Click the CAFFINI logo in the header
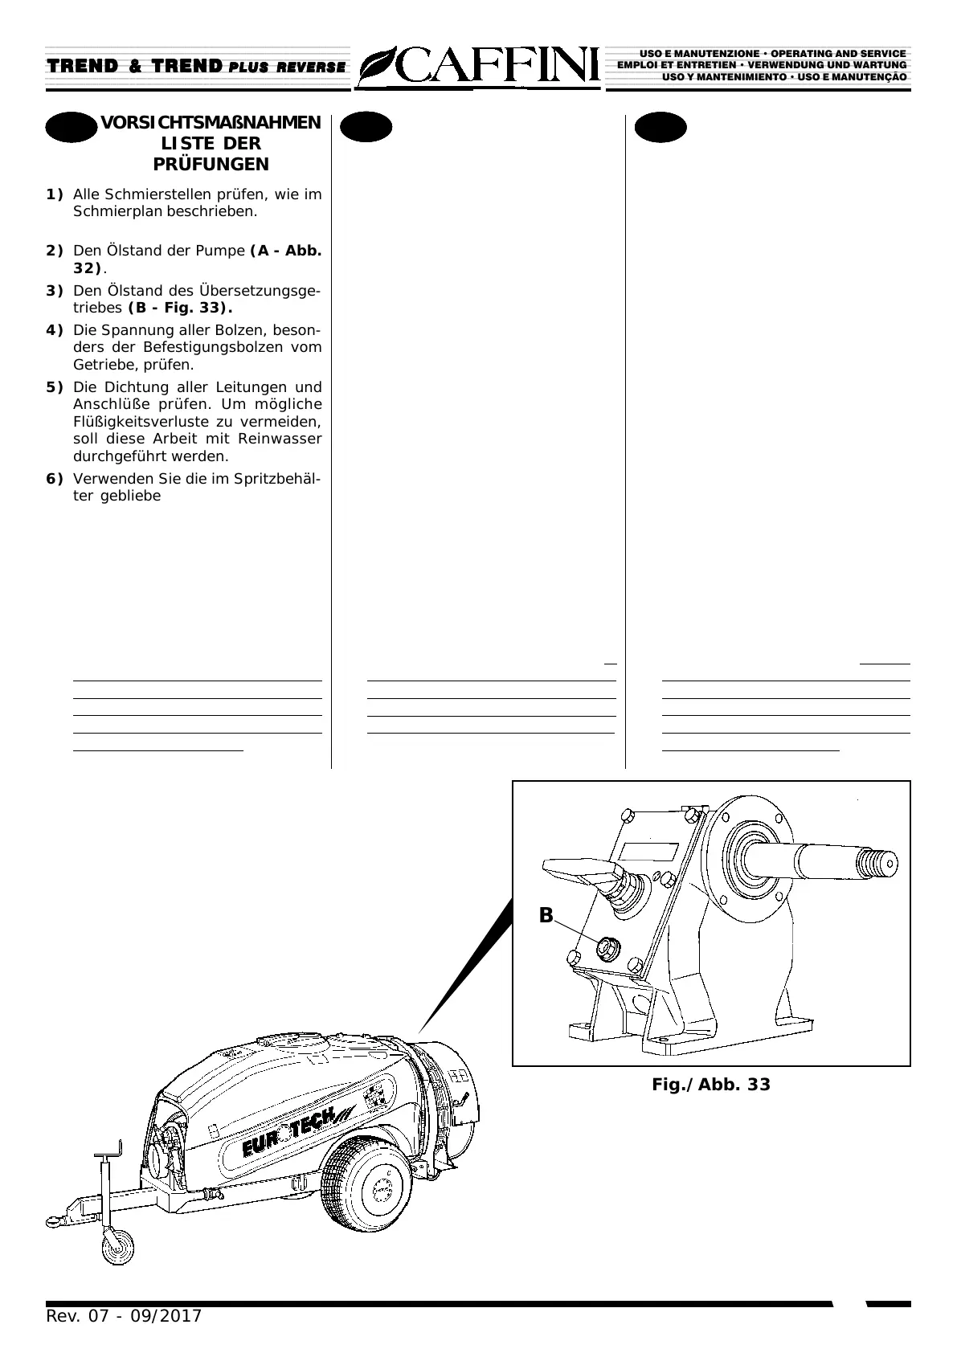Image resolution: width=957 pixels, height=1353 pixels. click(x=479, y=66)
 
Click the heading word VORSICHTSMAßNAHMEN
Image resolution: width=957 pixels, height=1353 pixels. click(x=211, y=123)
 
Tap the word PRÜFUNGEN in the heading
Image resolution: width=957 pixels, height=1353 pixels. click(x=211, y=165)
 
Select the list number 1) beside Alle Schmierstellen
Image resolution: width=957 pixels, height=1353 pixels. click(x=55, y=194)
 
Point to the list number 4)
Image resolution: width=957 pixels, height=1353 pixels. click(x=55, y=330)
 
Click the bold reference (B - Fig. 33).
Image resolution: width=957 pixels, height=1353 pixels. click(x=181, y=308)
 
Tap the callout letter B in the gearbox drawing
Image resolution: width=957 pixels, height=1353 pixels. click(x=546, y=915)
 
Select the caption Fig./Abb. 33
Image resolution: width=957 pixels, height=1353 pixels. click(x=710, y=1085)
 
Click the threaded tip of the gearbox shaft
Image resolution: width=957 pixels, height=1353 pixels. click(x=877, y=865)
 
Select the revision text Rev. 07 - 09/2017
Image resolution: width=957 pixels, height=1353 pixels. click(x=124, y=1316)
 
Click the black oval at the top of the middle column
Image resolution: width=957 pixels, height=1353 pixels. click(x=366, y=127)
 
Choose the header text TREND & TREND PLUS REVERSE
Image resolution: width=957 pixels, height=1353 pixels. click(x=197, y=66)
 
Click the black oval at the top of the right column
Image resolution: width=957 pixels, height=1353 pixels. click(x=660, y=127)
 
